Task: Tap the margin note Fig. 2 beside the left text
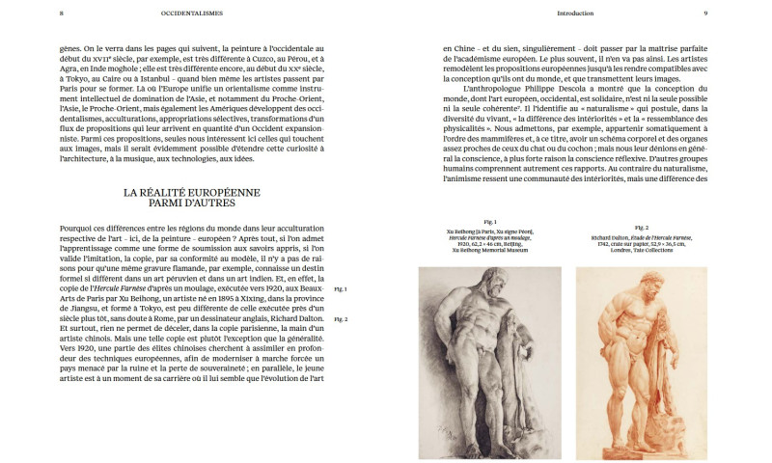pos(340,318)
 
